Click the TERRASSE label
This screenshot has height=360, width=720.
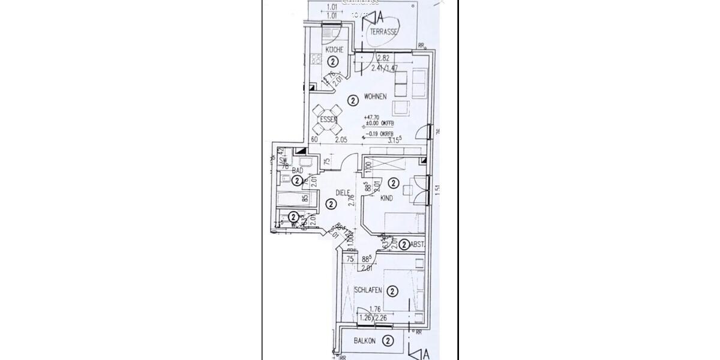[x=384, y=32]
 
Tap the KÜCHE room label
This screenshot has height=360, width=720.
[x=334, y=50]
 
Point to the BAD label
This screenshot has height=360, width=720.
[x=297, y=170]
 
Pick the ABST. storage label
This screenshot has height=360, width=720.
[x=418, y=244]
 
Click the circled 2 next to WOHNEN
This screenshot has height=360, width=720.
[x=353, y=99]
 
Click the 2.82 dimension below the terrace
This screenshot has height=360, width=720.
[x=383, y=58]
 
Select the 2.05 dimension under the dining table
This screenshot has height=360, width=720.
[x=341, y=140]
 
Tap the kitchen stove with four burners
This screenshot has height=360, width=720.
[x=316, y=59]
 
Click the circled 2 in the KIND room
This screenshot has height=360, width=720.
[x=394, y=183]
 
